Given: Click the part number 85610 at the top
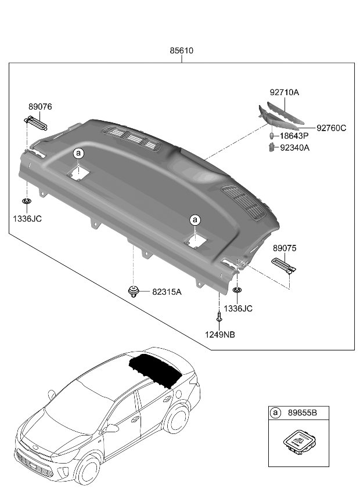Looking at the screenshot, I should click(x=181, y=51).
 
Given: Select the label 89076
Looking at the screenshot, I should click(x=40, y=107).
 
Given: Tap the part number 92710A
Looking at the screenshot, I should click(x=284, y=92).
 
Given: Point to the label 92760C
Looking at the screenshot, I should click(x=331, y=128).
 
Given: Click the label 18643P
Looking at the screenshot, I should click(x=294, y=136).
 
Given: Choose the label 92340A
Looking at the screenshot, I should click(x=295, y=147).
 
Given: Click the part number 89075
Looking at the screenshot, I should click(x=285, y=248).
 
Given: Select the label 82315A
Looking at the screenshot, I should click(x=167, y=292).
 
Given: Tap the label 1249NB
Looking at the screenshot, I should click(x=220, y=334).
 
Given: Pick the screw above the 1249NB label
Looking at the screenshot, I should click(x=219, y=318).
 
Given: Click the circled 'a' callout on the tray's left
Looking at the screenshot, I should click(x=79, y=153).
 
